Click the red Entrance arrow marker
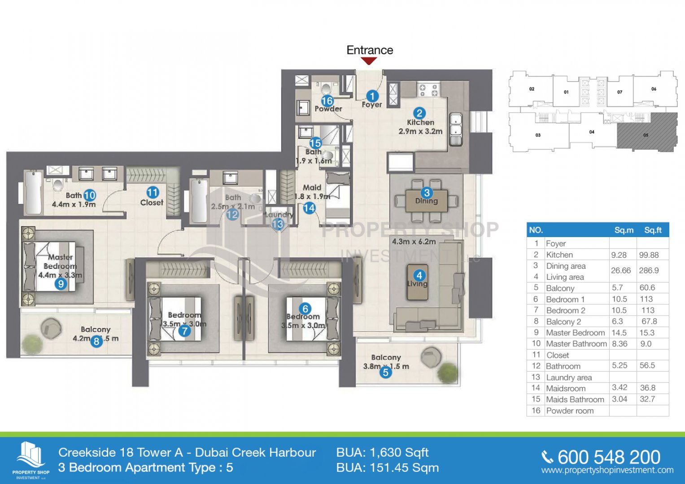coord(369,61)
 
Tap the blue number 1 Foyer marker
coord(372,96)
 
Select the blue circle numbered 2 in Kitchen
coord(419,113)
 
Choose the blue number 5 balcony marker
coord(385,372)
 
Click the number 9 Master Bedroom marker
coord(61,284)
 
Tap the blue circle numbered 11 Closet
coord(153,193)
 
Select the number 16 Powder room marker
coord(327,101)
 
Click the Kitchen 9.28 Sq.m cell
coord(619,255)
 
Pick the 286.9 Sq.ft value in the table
coord(649,271)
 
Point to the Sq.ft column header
coord(653,230)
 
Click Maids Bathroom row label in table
coord(575,399)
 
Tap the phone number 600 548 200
coord(609,457)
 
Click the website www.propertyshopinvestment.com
coord(607,471)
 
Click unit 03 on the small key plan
coord(538,135)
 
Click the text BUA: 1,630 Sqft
coord(382,453)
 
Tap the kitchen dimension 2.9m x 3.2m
coord(420,131)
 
